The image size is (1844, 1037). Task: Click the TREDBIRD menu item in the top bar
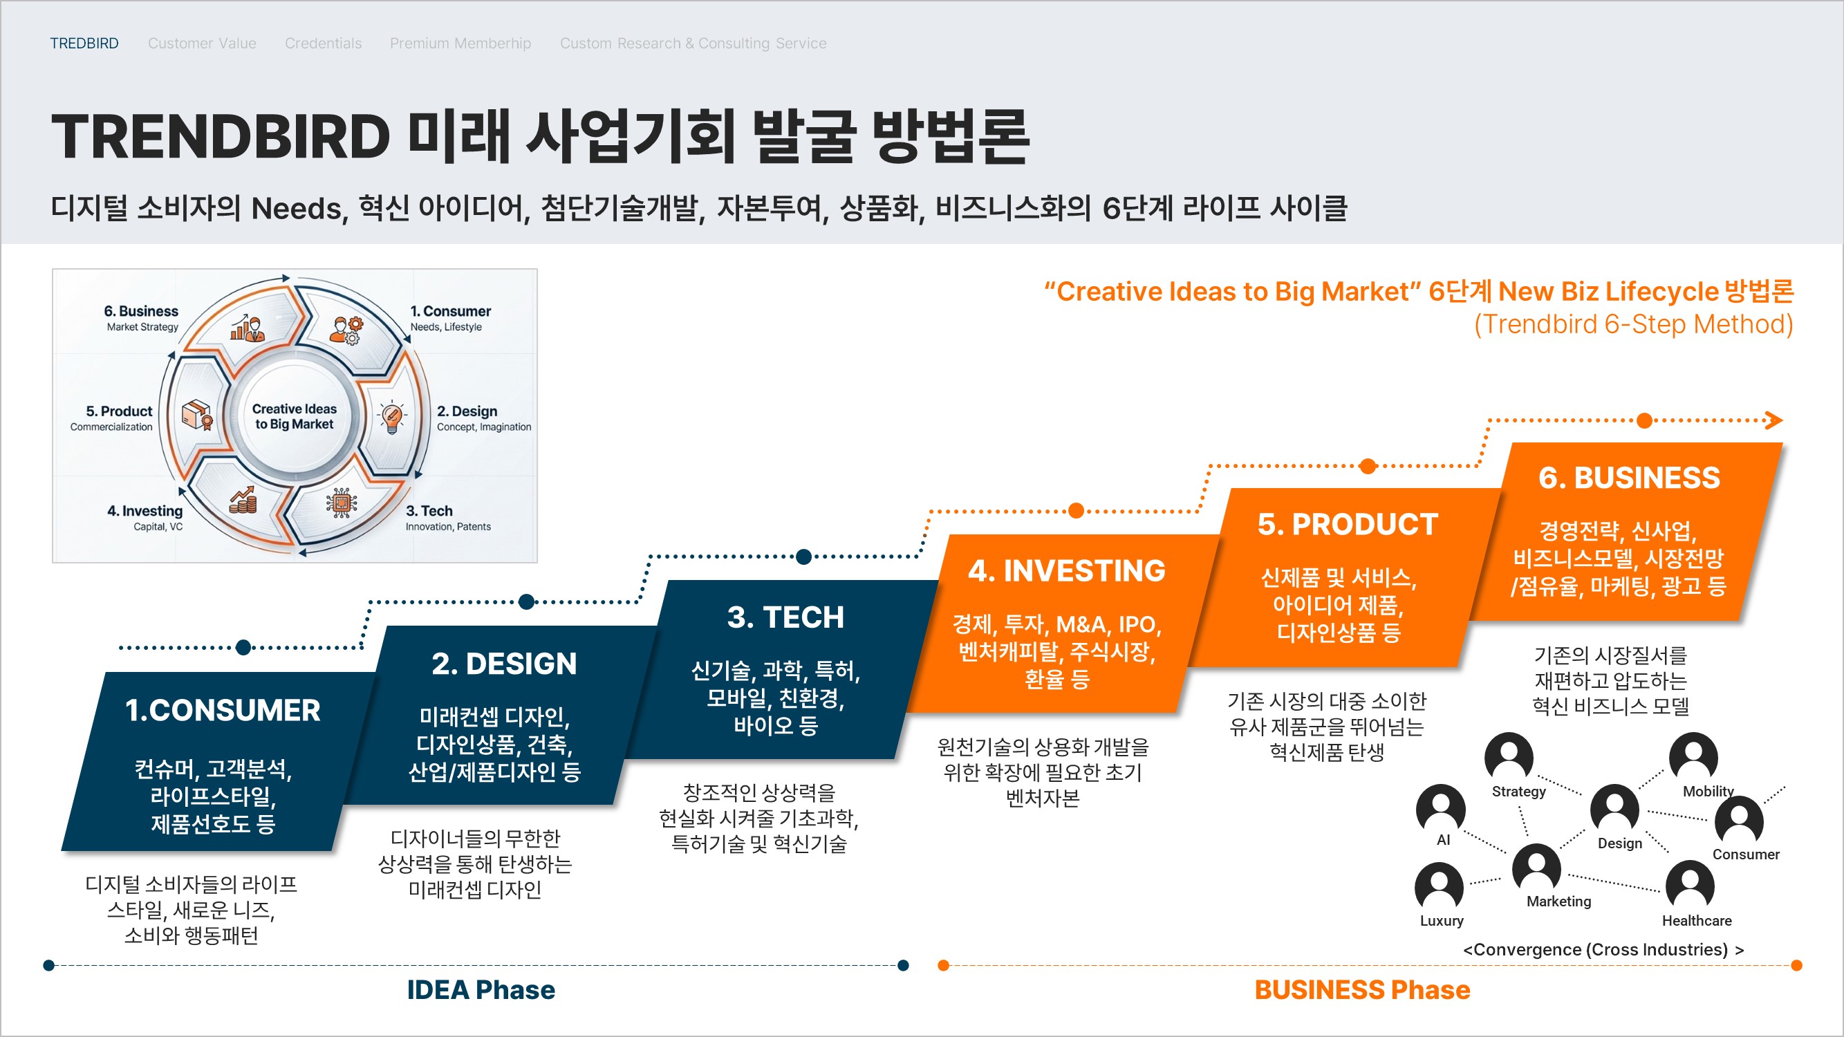tap(84, 44)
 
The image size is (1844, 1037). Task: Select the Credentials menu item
tap(323, 44)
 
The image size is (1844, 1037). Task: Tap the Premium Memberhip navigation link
tap(460, 44)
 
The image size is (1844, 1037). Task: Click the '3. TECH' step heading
tap(785, 617)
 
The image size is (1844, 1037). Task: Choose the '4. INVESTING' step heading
tap(1067, 571)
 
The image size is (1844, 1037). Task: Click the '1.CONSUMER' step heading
tap(223, 710)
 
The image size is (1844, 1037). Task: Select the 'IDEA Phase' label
tap(481, 990)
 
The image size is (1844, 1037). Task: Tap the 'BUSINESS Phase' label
tap(1361, 990)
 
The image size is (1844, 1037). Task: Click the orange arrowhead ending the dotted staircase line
tap(1774, 420)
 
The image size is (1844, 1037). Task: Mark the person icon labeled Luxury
tap(1439, 886)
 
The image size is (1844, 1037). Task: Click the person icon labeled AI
tap(1440, 808)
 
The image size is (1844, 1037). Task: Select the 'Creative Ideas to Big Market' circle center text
tap(295, 416)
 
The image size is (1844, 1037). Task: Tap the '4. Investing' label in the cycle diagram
tap(145, 511)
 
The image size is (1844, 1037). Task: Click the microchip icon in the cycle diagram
tap(342, 503)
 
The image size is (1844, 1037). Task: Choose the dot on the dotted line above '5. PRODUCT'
tap(1368, 467)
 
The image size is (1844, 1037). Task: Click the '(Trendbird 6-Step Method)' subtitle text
tap(1633, 324)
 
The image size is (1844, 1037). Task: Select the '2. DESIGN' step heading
tap(504, 664)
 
